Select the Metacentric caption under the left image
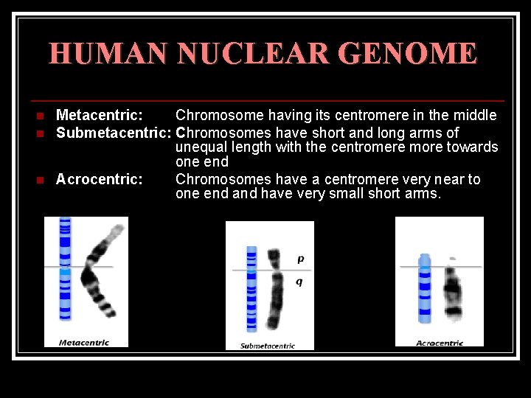click(x=84, y=342)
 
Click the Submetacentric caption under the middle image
click(x=268, y=346)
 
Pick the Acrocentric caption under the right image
click(x=440, y=343)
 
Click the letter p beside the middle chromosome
click(x=300, y=259)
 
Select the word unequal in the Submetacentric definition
click(x=201, y=147)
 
